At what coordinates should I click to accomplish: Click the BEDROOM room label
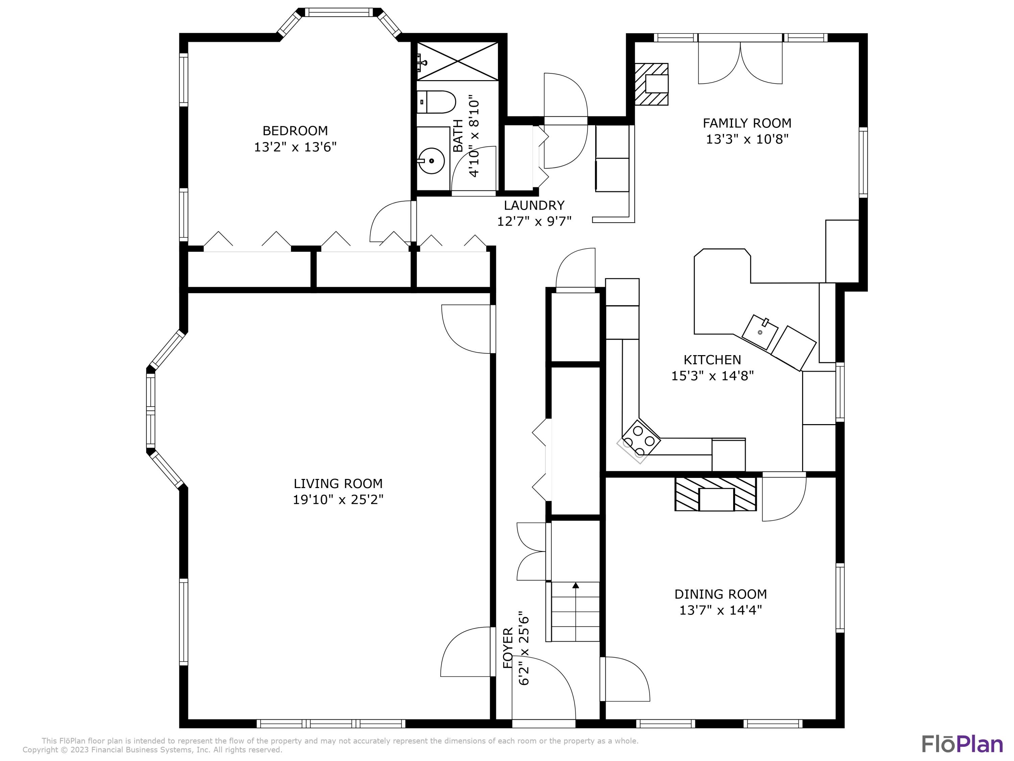295,131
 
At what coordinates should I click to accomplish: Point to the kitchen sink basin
760,332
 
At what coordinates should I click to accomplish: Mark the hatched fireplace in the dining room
715,494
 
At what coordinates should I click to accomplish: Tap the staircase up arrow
575,586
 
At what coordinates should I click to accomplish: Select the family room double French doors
740,62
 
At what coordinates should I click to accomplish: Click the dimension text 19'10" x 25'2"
338,500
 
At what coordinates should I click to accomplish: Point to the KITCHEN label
712,360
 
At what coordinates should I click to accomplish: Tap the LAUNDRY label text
534,205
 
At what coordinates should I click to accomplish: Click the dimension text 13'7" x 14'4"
720,610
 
